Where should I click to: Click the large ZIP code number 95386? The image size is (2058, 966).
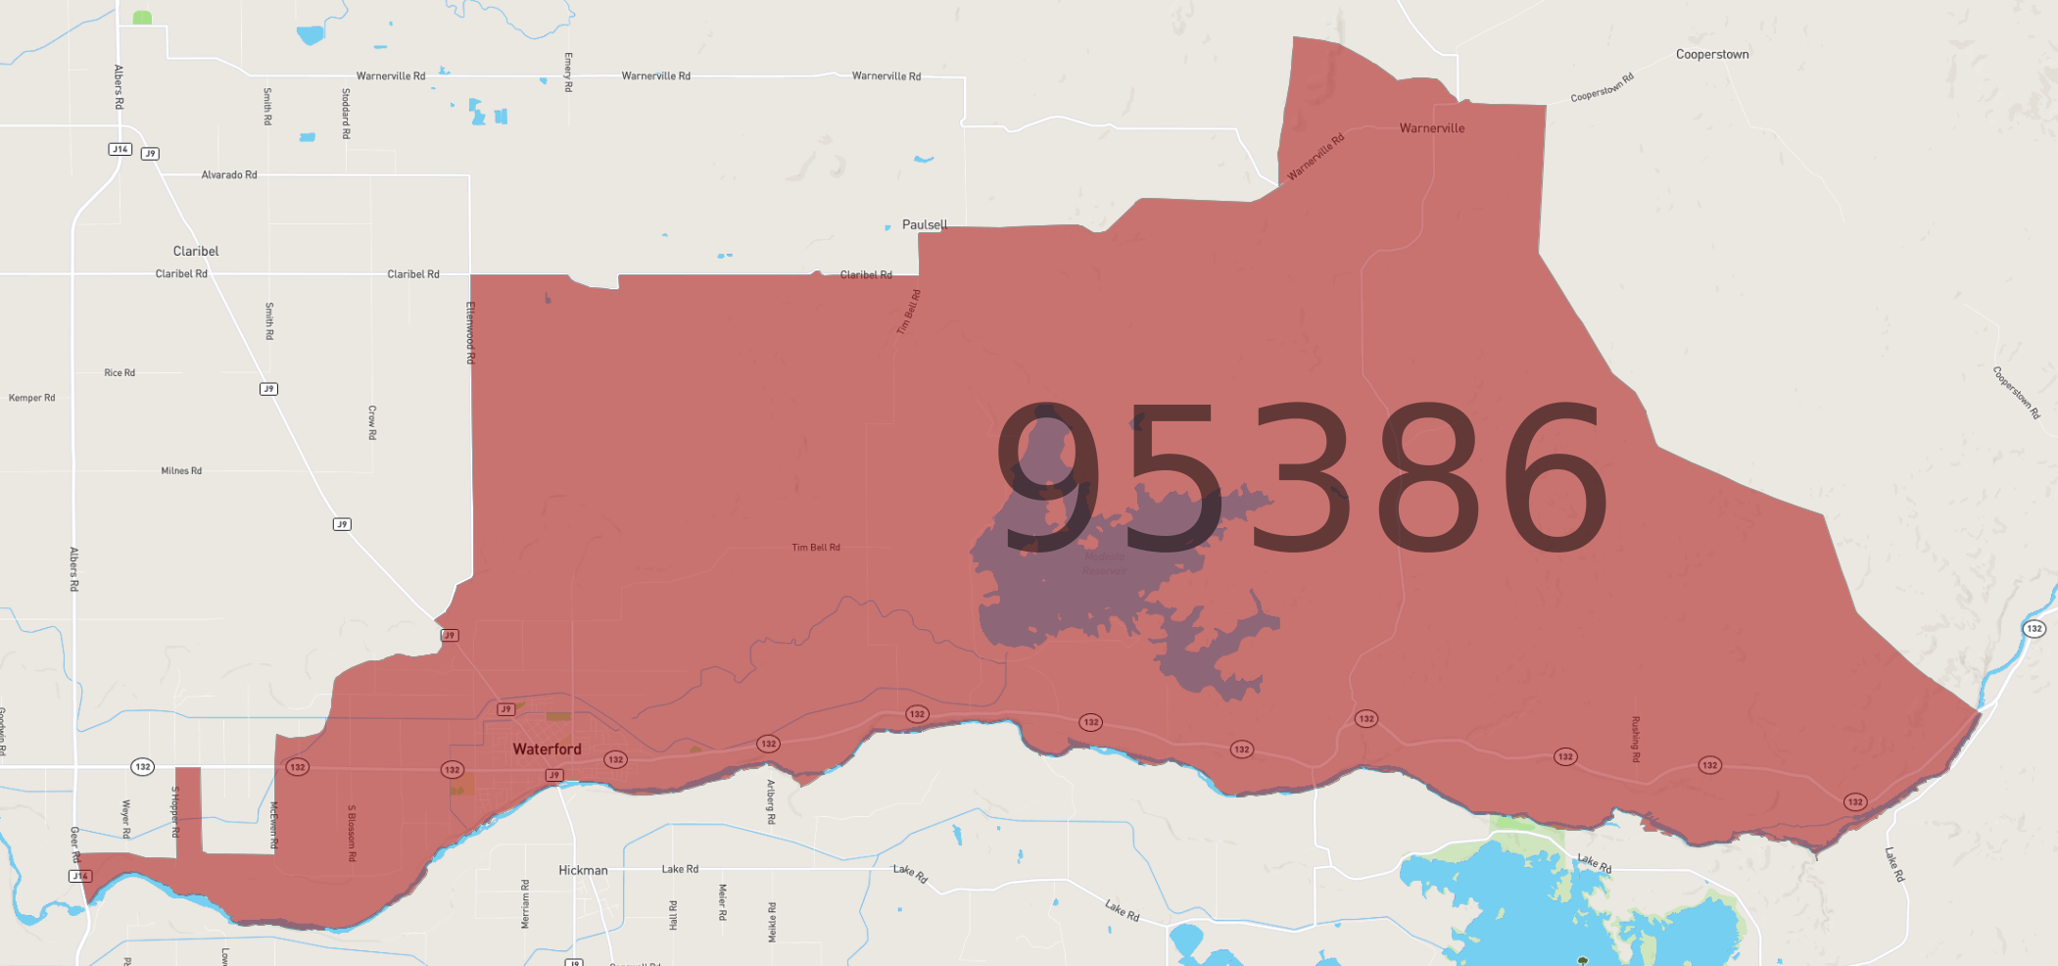click(x=1301, y=479)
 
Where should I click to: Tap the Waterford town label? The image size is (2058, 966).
click(x=547, y=749)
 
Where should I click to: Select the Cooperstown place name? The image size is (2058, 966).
click(x=1711, y=55)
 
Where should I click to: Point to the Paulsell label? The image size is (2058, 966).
click(x=924, y=224)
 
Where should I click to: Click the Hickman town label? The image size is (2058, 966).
click(x=583, y=870)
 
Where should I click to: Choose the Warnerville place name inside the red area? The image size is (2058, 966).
click(x=1431, y=128)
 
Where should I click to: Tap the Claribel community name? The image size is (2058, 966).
click(x=196, y=251)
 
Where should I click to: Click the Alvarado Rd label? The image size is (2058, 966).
click(x=229, y=175)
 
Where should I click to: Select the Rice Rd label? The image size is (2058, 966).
click(x=120, y=373)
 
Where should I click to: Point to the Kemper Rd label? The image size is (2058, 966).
click(x=32, y=398)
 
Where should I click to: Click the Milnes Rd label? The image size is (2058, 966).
click(x=181, y=471)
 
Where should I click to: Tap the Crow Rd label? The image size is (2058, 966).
click(x=372, y=422)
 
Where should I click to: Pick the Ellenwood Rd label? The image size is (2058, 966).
click(x=470, y=333)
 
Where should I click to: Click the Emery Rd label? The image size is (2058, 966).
click(x=568, y=72)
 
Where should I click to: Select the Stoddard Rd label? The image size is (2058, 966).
click(x=346, y=114)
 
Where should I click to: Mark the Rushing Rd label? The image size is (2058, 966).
click(x=1635, y=739)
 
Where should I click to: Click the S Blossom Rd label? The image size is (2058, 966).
click(x=352, y=833)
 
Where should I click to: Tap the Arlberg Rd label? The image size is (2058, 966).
click(x=771, y=801)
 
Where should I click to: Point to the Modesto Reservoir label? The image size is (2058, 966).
click(x=1105, y=563)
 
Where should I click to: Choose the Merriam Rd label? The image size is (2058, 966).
click(x=526, y=903)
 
